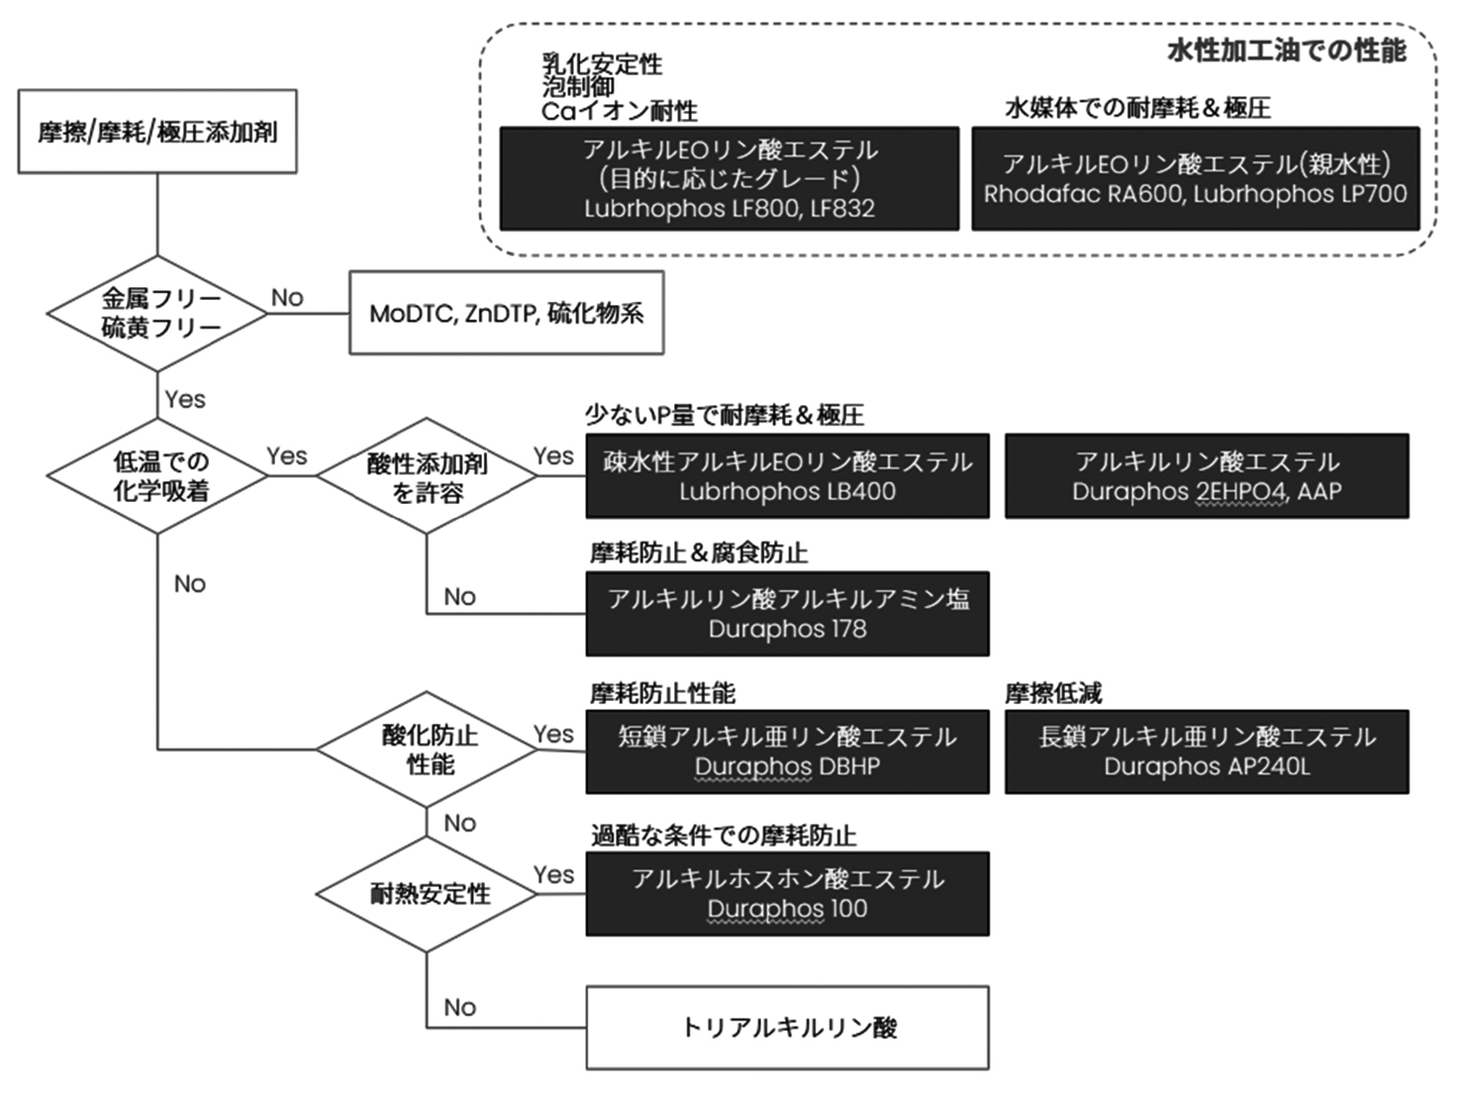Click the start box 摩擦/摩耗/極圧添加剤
157,131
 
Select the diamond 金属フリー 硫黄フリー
158,313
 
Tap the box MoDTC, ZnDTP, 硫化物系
506,313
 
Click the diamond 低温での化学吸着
158,476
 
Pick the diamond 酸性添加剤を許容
427,476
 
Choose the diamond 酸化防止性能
427,749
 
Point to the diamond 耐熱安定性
427,894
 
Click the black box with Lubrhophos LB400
787,476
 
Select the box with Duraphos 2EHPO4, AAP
1207,476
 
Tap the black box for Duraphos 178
787,614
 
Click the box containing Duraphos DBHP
787,751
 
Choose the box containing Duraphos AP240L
1207,751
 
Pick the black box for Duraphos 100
787,894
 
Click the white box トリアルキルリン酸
787,1028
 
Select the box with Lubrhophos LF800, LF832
730,179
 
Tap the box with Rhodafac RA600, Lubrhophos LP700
1196,179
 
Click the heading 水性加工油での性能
1286,50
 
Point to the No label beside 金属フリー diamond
287,297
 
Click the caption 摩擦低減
1053,693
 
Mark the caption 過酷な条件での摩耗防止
724,836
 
